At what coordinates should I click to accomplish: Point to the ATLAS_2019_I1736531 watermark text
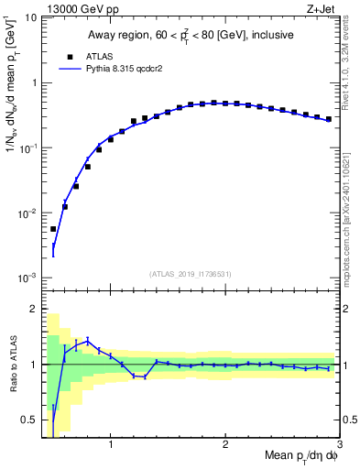(x=190, y=274)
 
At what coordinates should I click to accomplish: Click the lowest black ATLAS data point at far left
(x=53, y=229)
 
